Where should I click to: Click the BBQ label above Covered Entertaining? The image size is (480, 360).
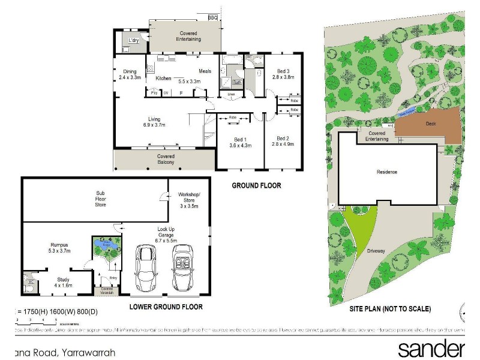212,18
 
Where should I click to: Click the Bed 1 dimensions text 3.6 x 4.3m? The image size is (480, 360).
241,145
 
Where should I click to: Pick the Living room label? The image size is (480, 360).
155,118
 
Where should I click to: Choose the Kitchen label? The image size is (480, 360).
164,79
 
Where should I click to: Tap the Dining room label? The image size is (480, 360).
129,71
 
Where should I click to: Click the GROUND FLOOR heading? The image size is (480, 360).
257,186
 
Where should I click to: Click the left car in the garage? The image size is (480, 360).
146,266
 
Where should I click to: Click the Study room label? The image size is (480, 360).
64,279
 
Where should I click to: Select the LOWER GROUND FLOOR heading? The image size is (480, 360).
166,307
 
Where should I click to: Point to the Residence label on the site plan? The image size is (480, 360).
386,172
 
